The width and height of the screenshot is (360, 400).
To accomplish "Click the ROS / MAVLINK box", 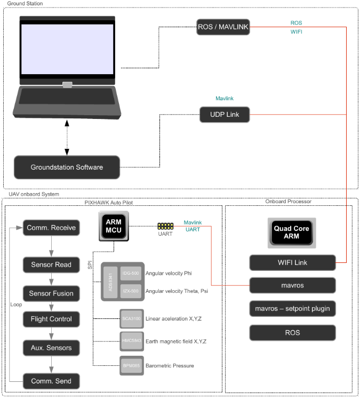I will (x=223, y=27).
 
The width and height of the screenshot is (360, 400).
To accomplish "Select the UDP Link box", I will (x=225, y=114).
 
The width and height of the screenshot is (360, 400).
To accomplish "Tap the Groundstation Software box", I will (x=67, y=167).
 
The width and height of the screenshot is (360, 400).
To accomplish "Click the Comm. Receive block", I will (x=51, y=228).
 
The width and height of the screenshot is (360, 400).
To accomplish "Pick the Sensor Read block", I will (x=51, y=265).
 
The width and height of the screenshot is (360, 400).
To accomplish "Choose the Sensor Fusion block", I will (x=52, y=293).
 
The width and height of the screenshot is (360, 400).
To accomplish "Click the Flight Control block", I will (x=51, y=319).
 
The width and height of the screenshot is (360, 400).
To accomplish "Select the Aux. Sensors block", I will (x=51, y=348).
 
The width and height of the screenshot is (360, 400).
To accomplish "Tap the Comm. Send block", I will (x=51, y=381).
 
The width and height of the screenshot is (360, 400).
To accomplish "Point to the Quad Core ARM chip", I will (x=292, y=232).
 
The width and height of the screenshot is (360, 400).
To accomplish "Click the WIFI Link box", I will (x=292, y=262).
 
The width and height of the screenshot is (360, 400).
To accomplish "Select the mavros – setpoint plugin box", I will (x=292, y=308).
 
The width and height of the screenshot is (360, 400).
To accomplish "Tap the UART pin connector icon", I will (x=166, y=226).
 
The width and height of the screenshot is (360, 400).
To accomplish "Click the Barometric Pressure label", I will (x=170, y=365).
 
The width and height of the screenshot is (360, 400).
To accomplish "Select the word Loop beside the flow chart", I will (x=16, y=305).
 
